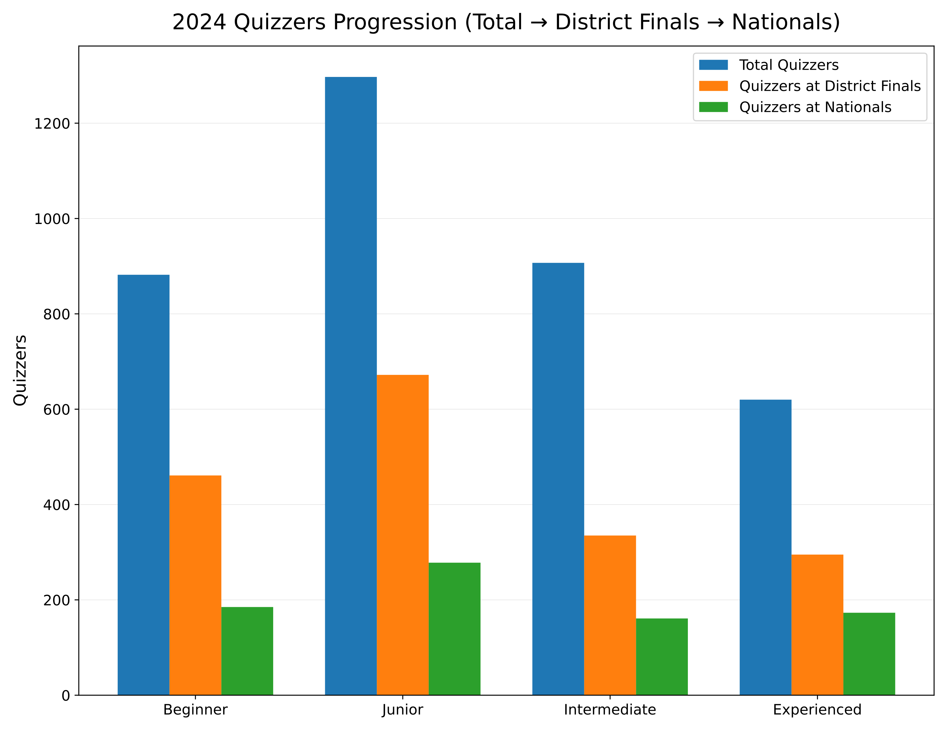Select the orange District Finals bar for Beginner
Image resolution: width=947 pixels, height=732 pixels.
[195, 585]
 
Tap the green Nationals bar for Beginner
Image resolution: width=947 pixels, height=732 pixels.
[247, 650]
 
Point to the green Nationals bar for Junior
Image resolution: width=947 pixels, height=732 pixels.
[455, 628]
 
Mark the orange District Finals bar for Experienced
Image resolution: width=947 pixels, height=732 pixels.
[817, 624]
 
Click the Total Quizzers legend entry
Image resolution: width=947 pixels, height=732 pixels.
[789, 65]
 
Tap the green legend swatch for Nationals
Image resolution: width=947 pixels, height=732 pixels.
[713, 107]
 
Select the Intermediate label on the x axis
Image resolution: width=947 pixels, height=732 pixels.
[610, 710]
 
